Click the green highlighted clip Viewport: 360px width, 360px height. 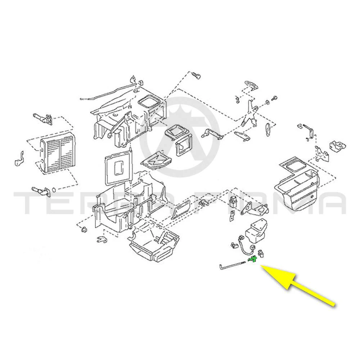tap(253, 259)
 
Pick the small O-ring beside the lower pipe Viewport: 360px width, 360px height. tap(54, 190)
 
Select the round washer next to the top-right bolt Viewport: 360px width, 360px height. tap(267, 102)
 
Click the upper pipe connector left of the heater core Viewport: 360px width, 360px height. tap(43, 118)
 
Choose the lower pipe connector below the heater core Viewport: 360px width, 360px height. tap(41, 191)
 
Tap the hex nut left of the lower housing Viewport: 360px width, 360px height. tap(84, 229)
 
